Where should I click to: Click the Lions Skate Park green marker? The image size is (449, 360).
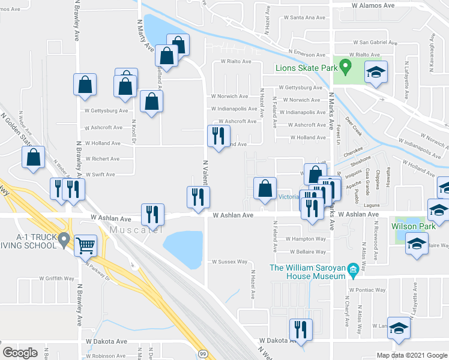click(x=345, y=65)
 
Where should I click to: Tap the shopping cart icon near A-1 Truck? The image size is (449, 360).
click(x=86, y=245)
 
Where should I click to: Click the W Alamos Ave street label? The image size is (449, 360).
click(x=373, y=5)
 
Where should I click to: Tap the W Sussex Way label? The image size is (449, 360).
click(x=229, y=262)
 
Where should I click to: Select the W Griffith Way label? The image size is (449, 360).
click(x=57, y=278)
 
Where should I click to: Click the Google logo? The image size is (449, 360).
click(x=20, y=353)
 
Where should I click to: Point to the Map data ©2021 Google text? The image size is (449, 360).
click(x=412, y=355)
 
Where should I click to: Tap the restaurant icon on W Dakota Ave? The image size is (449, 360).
click(x=300, y=329)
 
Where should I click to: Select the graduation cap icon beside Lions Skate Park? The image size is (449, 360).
click(x=376, y=73)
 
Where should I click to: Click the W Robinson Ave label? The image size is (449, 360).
click(x=106, y=356)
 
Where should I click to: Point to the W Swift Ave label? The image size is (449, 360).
click(x=100, y=175)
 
